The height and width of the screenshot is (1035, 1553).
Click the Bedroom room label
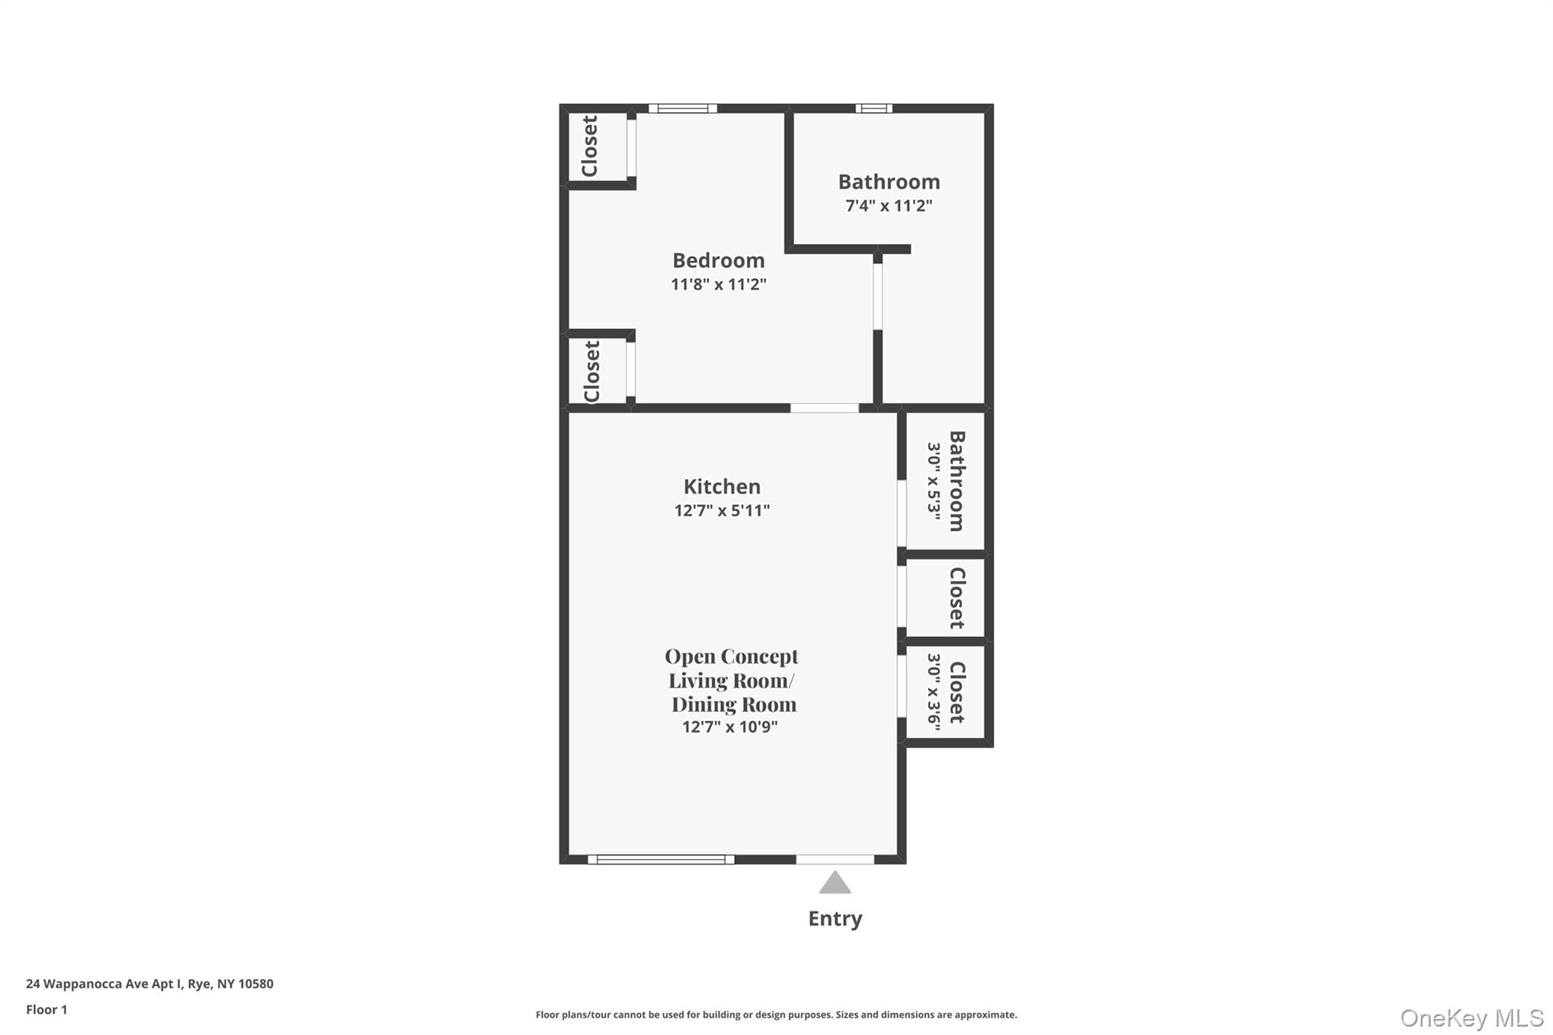[x=718, y=260]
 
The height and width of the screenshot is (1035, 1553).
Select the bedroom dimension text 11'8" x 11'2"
[x=718, y=284]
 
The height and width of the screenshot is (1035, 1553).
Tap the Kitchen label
[x=721, y=486]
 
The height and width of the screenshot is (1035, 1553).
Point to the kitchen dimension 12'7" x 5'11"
[x=721, y=510]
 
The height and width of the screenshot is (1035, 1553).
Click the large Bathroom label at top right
[x=889, y=182]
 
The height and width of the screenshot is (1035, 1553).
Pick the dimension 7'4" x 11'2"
[x=889, y=205]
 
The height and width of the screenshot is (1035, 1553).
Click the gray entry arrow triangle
[x=835, y=883]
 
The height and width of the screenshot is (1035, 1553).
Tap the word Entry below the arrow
[x=835, y=919]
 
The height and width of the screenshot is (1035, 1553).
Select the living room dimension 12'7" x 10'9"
[x=729, y=727]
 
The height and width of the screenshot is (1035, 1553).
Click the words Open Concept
[x=731, y=656]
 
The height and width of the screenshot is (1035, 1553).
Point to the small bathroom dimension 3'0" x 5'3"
[x=933, y=481]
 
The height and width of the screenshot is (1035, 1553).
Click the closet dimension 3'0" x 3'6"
[x=933, y=692]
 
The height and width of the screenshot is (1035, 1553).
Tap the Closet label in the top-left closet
[x=590, y=146]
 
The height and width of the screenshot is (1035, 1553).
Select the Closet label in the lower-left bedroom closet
[x=592, y=372]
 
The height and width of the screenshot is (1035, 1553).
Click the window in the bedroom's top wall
[x=682, y=108]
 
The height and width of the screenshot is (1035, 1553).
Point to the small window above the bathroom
[x=874, y=108]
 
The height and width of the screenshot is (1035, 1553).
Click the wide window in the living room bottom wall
[x=660, y=859]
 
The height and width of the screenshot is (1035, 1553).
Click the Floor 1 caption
[x=47, y=1010]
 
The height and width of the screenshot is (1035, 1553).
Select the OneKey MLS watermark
[x=1471, y=1018]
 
